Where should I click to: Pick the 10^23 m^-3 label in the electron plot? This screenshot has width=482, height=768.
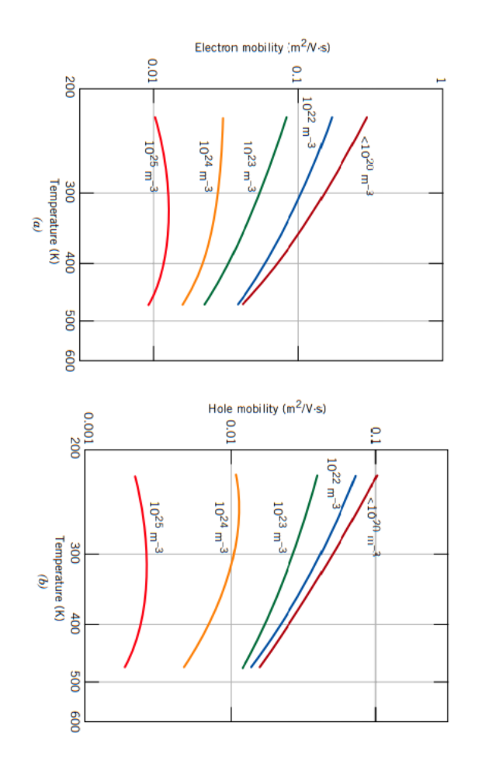point(249,166)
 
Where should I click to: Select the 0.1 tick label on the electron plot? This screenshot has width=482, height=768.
point(296,75)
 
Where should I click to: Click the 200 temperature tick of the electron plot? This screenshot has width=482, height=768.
point(69,90)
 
